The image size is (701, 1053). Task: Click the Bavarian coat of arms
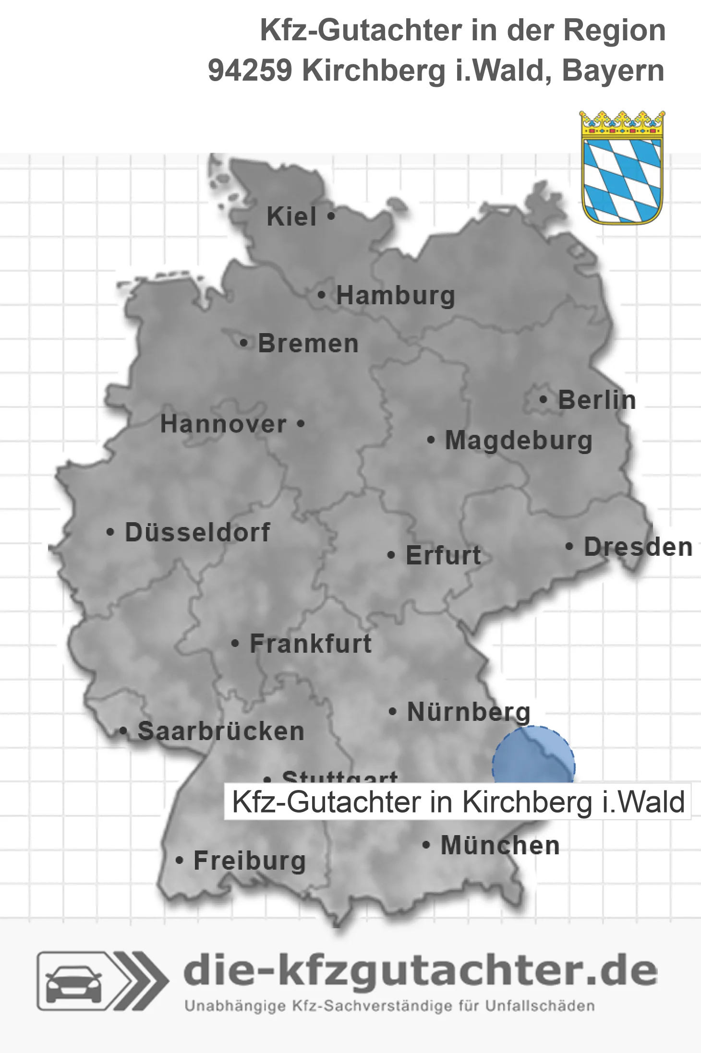coord(622,168)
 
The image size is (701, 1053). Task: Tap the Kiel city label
coord(291,216)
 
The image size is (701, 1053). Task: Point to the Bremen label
coord(308,344)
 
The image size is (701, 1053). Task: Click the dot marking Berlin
coord(543,399)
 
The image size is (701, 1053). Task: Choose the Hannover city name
coord(223,424)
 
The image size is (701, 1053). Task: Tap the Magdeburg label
coord(519,441)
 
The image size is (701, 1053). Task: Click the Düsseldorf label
coord(197,532)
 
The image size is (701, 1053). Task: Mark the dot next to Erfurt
coord(391,555)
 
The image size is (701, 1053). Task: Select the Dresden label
coord(638,547)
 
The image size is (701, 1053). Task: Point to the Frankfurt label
coord(311,644)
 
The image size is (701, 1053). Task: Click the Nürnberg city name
coord(469,712)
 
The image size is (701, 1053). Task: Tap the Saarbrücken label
coord(221,731)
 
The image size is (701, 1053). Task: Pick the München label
coord(500,845)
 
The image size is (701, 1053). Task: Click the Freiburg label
coord(250,861)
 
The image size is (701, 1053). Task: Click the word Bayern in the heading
coord(613,71)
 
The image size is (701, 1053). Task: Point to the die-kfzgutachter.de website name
coord(420,970)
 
